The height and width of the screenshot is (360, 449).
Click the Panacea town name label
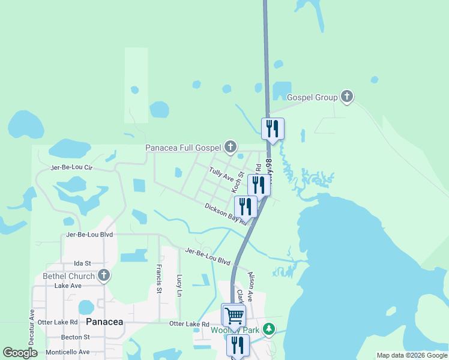pos(104,322)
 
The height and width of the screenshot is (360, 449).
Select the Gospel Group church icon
pos(346,96)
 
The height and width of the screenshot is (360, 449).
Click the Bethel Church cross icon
pos(104,275)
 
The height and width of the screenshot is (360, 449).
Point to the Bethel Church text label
pos(69,276)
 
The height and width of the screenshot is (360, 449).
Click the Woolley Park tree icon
pos(270,329)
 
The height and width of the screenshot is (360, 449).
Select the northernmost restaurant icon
pos(273,128)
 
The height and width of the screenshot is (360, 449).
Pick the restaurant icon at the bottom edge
pos(238,345)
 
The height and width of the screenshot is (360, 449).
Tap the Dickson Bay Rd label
pos(226,213)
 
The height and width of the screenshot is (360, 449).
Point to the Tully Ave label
pos(221,175)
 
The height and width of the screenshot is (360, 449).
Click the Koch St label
pos(238,182)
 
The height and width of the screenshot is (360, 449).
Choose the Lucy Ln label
pos(179,286)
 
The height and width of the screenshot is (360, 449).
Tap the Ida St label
pos(82,263)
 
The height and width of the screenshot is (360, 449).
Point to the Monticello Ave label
pos(68,352)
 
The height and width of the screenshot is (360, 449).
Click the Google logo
pos(20,352)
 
